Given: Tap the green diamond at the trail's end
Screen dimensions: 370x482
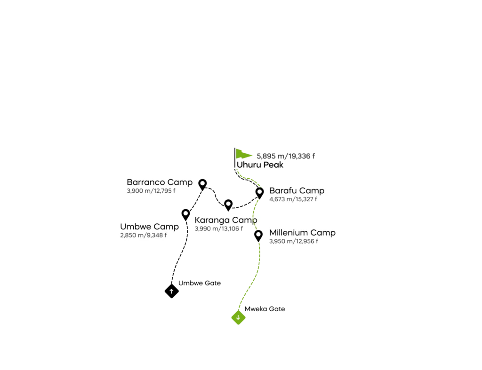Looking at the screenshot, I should pyautogui.click(x=239, y=318).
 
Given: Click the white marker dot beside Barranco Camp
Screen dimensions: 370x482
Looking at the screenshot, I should pyautogui.click(x=202, y=183).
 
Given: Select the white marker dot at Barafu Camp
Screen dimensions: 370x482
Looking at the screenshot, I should pyautogui.click(x=259, y=191).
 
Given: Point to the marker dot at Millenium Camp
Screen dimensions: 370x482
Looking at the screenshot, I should pyautogui.click(x=258, y=234).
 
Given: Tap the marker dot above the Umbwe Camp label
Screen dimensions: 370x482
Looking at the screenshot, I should pyautogui.click(x=185, y=213).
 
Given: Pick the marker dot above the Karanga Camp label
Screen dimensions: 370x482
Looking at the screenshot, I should pyautogui.click(x=228, y=204).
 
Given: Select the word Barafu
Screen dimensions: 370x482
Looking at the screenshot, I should pyautogui.click(x=283, y=191).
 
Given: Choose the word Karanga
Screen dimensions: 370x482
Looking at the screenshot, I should pyautogui.click(x=213, y=220).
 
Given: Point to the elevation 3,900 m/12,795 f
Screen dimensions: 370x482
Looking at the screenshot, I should pyautogui.click(x=153, y=191).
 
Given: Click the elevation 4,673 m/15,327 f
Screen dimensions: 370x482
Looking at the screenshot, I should pyautogui.click(x=293, y=199).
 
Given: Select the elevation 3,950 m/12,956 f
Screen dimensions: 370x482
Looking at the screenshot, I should pyautogui.click(x=293, y=241).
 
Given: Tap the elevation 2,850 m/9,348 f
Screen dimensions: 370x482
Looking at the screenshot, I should pyautogui.click(x=144, y=235).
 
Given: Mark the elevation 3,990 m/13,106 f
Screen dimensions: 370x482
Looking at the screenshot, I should pyautogui.click(x=218, y=228).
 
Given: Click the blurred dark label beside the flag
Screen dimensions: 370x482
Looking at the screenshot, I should pyautogui.click(x=286, y=156).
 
